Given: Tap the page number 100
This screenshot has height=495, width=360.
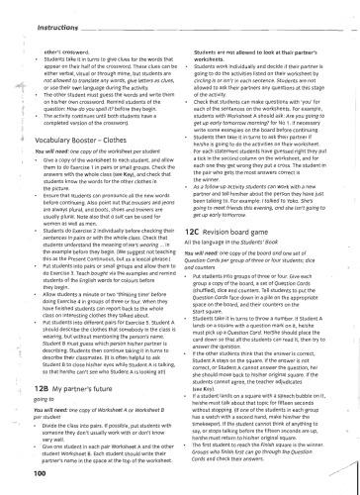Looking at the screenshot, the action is click(25, 473).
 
